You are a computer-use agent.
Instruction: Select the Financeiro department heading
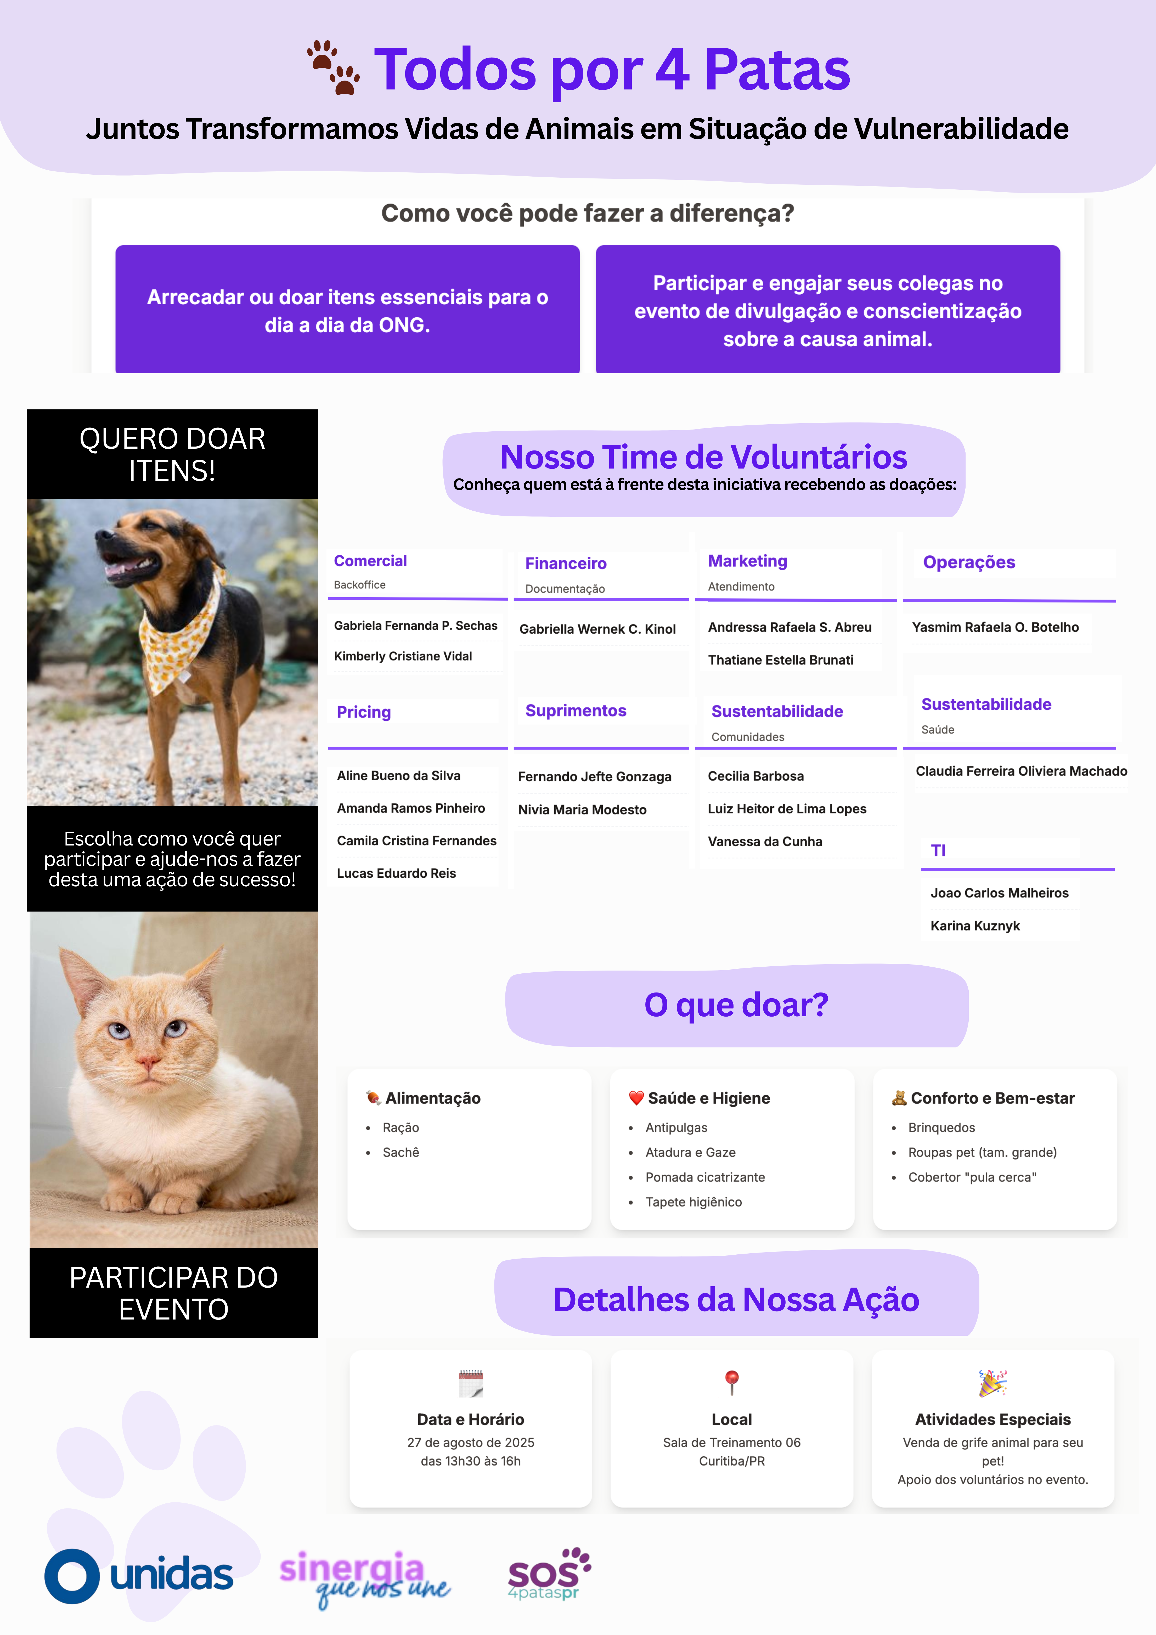click(x=566, y=563)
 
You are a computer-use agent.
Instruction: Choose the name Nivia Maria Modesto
click(x=582, y=810)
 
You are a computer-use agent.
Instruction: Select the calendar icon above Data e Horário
click(x=471, y=1383)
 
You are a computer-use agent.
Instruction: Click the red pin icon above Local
click(x=731, y=1382)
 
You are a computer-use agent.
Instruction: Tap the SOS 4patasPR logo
click(x=549, y=1574)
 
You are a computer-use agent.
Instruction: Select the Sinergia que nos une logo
click(x=363, y=1577)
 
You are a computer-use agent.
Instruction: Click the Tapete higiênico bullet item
click(x=693, y=1202)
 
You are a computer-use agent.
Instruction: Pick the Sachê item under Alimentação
click(x=400, y=1152)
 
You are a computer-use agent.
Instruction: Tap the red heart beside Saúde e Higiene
click(x=636, y=1098)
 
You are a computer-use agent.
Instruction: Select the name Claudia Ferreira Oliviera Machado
click(x=1021, y=771)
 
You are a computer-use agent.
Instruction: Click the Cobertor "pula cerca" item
click(x=972, y=1177)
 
